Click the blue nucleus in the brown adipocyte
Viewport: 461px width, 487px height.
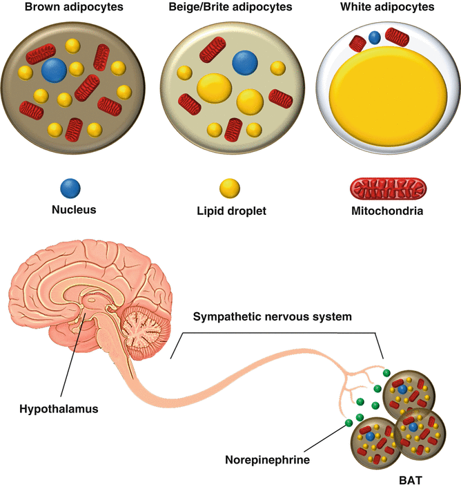(54, 70)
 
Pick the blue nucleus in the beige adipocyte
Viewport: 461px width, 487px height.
(244, 63)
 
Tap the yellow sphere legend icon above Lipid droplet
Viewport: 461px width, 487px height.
(230, 187)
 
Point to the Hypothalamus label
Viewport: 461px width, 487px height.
(59, 408)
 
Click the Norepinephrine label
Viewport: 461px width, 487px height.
(268, 459)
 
